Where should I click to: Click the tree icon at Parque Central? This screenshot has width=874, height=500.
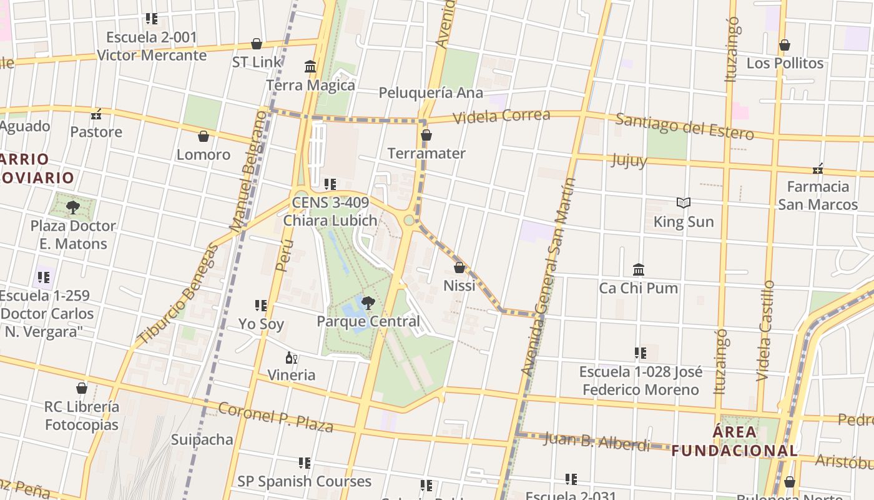click(368, 303)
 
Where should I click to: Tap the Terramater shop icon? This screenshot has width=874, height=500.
click(426, 135)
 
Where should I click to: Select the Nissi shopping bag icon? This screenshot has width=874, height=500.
click(459, 267)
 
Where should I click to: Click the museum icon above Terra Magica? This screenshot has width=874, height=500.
click(310, 66)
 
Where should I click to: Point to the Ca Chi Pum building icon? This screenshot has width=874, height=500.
click(639, 269)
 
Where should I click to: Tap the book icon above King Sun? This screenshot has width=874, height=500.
click(684, 203)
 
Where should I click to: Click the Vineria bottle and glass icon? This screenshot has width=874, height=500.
click(291, 357)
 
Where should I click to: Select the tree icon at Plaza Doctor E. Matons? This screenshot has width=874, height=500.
click(73, 207)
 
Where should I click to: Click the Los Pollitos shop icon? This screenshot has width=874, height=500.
click(785, 45)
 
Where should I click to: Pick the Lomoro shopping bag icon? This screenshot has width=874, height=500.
click(203, 136)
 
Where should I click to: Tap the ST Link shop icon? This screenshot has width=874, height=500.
click(257, 44)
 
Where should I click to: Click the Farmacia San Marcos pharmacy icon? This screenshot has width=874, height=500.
click(818, 169)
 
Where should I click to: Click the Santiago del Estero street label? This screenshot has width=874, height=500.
click(684, 126)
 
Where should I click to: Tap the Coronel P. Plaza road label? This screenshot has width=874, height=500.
click(275, 417)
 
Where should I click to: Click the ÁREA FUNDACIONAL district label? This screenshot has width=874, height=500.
click(735, 441)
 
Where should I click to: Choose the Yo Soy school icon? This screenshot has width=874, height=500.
click(261, 306)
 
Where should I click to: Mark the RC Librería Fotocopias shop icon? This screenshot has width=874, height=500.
click(82, 388)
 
